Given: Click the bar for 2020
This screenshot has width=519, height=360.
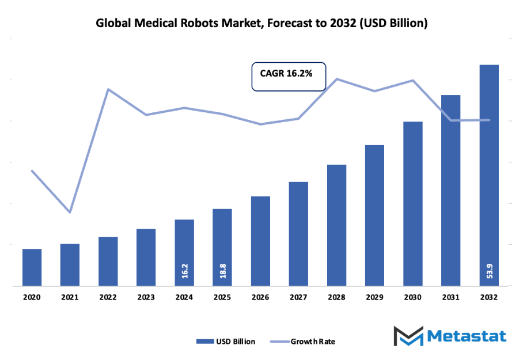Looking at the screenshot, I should coord(32,267).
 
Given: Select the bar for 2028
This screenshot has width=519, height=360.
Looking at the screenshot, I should coord(336,225).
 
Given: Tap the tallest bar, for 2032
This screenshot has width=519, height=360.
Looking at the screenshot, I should coord(489,173).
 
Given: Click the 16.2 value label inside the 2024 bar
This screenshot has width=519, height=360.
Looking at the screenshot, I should coord(184,271).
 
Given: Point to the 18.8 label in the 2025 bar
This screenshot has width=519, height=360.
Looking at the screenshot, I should coord(222,271).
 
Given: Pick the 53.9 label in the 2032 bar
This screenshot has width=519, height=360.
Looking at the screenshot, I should coord(489,271).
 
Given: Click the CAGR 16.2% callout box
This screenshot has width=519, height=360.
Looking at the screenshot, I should coord(289,76).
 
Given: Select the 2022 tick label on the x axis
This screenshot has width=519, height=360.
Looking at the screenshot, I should coord(108,297).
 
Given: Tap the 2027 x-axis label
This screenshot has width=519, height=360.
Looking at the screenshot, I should coord(298,297).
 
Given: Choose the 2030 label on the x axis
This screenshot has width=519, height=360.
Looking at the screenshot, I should coord(412,297).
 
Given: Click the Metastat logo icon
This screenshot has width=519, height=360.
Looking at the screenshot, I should coord(406,337).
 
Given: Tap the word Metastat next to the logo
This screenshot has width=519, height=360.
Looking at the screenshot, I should coord(466,336).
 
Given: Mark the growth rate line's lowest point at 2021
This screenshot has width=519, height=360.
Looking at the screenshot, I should coord(70,213).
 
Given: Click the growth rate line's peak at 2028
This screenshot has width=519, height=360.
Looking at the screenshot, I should coord(336,79).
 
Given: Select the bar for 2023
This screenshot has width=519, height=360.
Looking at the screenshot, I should coord(146,257).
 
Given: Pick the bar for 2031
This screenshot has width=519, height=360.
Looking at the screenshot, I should coord(451,190).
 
